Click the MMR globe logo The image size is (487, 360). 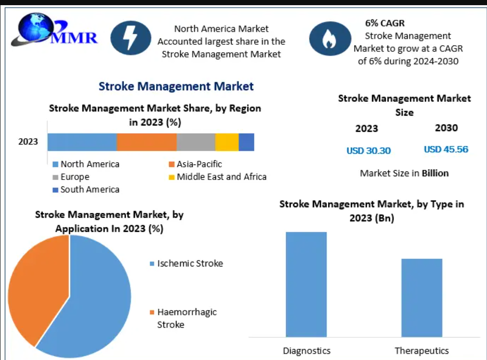click(54, 30)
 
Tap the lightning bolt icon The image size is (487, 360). click(131, 38)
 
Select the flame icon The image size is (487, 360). click(330, 39)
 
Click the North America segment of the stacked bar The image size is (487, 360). click(82, 142)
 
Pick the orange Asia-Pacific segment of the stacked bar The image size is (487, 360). click(147, 142)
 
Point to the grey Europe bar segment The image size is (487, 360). click(196, 142)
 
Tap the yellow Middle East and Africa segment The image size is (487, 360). click(227, 142)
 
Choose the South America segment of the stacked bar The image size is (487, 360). click(247, 142)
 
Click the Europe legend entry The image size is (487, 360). click(71, 177)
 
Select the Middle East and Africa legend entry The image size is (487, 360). click(218, 177)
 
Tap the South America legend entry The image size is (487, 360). click(86, 189)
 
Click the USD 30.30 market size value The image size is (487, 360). click(369, 151)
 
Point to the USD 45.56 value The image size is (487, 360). click(446, 149)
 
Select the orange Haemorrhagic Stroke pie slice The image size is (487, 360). click(37, 286)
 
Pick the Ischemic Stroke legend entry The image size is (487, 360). click(186, 264)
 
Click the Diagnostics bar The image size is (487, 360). click(306, 284)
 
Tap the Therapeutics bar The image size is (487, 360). click(422, 298)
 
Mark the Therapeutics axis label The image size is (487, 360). click(422, 351)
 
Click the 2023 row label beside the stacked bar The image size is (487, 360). click(28, 142)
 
